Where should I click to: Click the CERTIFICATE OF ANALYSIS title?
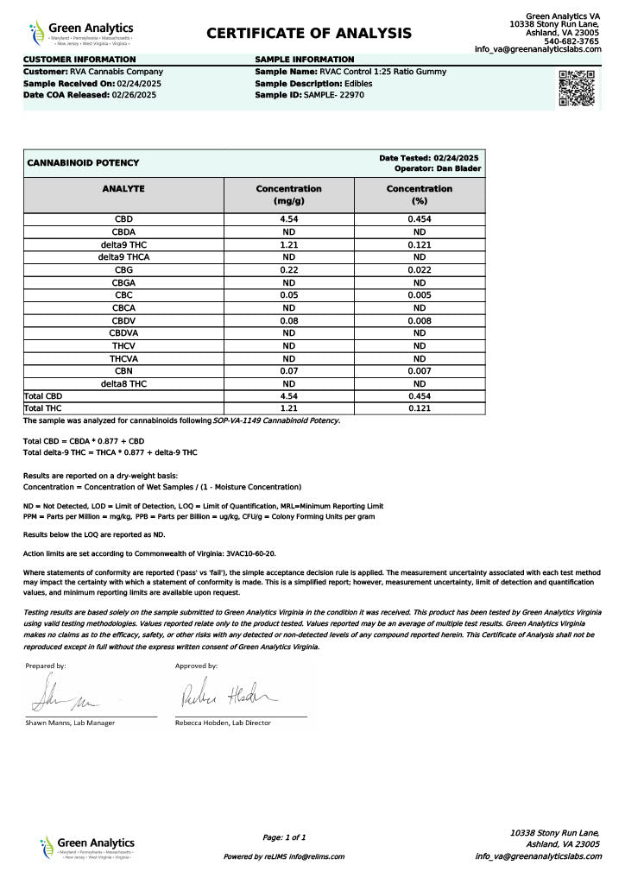(x=309, y=33)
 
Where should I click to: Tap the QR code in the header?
(x=577, y=88)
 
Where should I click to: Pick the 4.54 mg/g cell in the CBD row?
(x=288, y=219)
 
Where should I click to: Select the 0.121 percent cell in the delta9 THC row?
(x=419, y=244)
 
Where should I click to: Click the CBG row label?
(x=123, y=270)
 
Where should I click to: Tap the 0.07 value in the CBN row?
(x=288, y=370)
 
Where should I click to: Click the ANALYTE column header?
(x=123, y=188)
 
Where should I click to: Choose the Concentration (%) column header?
(x=419, y=194)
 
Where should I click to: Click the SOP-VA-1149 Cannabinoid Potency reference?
(x=276, y=420)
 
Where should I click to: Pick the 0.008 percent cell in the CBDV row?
(x=419, y=320)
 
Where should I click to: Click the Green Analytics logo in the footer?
(x=86, y=846)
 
